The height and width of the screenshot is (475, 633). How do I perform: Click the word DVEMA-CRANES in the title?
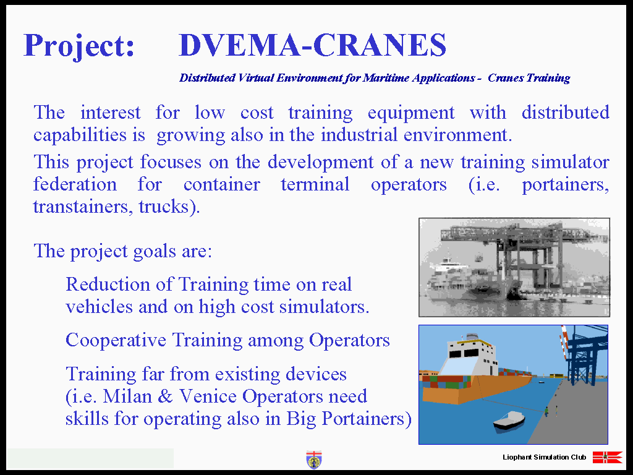[x=312, y=45]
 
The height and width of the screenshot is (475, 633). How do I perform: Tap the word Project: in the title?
[x=79, y=46]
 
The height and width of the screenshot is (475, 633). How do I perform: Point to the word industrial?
[x=359, y=134]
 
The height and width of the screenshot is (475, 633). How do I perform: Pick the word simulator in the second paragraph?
[x=570, y=163]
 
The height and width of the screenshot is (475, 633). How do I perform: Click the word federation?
[x=75, y=184]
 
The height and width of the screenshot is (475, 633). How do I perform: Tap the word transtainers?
[x=83, y=207]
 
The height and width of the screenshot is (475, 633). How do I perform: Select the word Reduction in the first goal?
[x=108, y=284]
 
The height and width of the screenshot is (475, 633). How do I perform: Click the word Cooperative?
[x=116, y=341]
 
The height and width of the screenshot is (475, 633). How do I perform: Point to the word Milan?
[x=127, y=396]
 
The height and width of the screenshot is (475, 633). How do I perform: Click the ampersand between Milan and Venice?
[x=165, y=396]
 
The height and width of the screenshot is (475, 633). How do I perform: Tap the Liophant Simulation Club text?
[x=544, y=457]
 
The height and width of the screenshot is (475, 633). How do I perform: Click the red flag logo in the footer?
[x=608, y=457]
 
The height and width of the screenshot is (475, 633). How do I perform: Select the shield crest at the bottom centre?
[x=313, y=460]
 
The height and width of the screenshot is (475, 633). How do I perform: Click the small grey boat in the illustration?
[x=509, y=421]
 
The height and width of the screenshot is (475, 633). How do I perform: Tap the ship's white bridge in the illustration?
[x=470, y=354]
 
